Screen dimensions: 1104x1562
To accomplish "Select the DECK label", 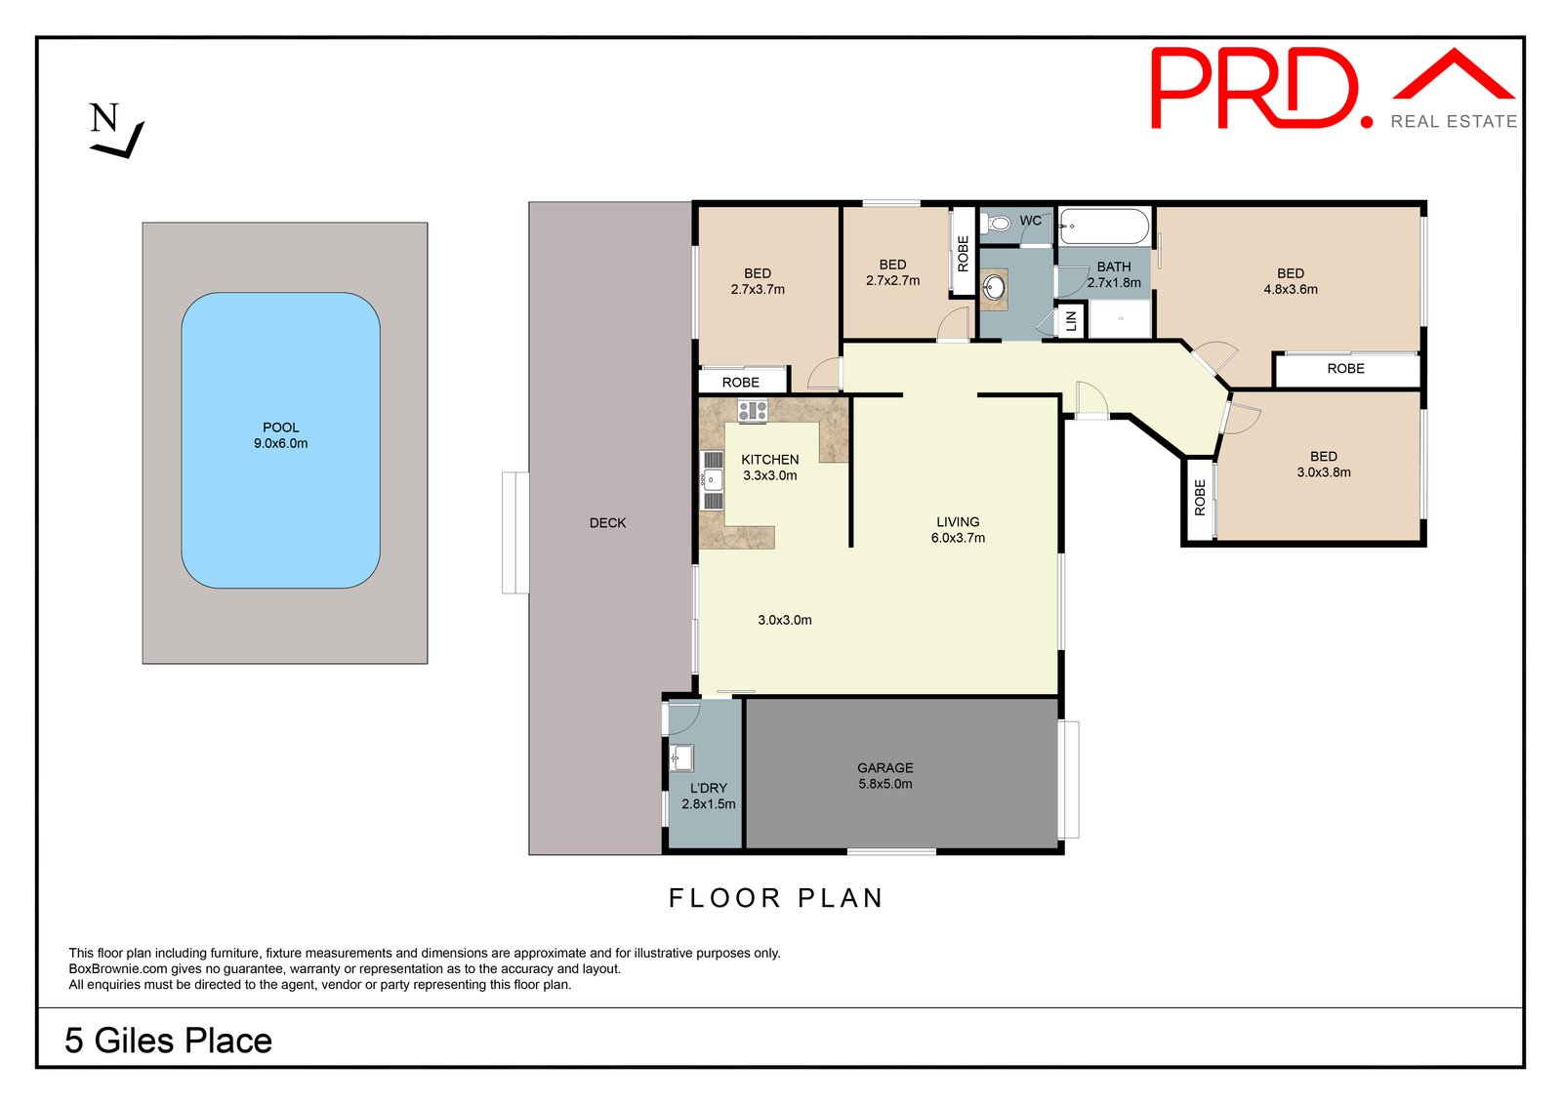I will point(607,523).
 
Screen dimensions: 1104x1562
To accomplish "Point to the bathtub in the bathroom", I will point(1104,226).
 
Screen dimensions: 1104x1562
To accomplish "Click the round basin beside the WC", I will point(994,287).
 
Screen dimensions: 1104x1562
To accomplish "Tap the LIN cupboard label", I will point(1071,320).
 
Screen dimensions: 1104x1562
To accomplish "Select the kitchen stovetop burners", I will point(752,411).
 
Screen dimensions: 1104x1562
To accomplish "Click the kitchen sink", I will point(712,479).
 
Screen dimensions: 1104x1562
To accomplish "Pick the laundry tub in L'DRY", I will point(681,756).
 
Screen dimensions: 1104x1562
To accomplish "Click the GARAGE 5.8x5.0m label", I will point(885,776).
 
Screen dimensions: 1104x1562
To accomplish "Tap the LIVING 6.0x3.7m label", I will point(958,530).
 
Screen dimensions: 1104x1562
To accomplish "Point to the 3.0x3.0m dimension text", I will point(785,620).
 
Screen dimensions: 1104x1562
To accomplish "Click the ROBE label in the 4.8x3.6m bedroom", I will point(1345,369).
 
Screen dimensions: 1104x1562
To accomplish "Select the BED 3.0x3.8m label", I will point(1323,465).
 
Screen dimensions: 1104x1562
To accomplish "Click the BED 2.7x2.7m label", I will point(892,272).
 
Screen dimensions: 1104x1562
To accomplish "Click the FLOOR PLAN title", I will point(776,898).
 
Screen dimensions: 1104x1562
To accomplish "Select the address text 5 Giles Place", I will point(169,1041).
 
